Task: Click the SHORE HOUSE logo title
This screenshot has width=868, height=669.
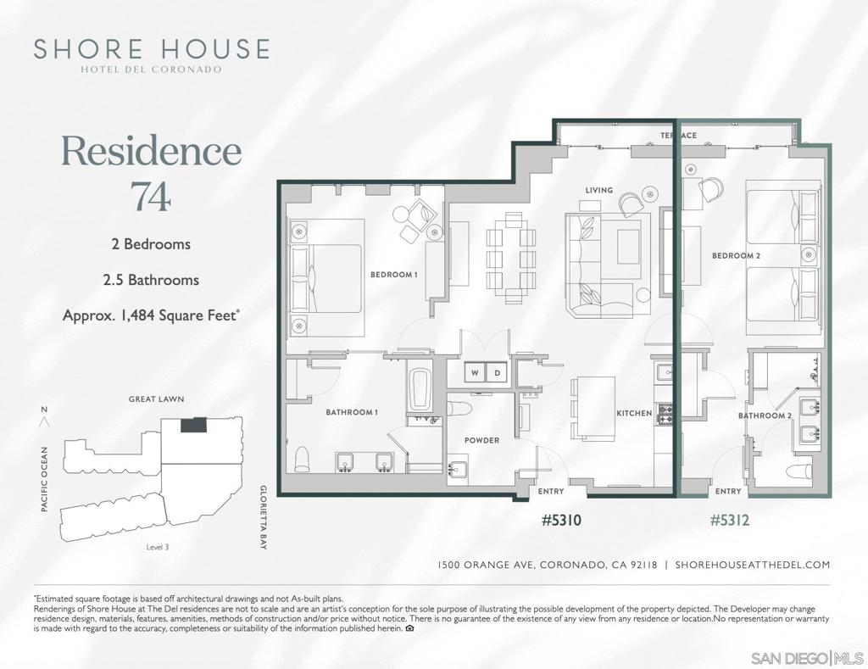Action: coord(152,49)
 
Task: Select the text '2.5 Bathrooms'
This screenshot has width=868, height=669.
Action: coord(151,279)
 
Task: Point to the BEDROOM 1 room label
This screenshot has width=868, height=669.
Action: coord(394,275)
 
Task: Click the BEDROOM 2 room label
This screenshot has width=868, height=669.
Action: coord(735,255)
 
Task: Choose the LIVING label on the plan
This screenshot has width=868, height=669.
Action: coord(598,190)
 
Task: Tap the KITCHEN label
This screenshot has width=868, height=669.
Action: coord(634,414)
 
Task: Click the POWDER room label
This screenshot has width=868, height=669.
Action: coord(481,440)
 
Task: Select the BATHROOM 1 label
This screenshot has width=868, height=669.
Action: coord(352,412)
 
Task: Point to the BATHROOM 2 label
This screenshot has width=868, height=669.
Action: coord(764,416)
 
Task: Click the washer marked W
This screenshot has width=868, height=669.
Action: coord(475,372)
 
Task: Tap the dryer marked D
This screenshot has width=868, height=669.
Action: coord(498,372)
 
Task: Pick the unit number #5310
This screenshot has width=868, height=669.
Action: coord(561,520)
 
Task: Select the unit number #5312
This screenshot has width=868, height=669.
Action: coord(729,520)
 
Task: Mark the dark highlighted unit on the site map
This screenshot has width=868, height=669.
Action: coord(193,424)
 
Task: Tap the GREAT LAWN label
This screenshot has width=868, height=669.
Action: coord(156,399)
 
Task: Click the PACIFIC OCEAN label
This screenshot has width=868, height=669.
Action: coord(45,479)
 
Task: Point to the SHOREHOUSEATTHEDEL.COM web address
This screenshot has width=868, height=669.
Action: coord(753,565)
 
